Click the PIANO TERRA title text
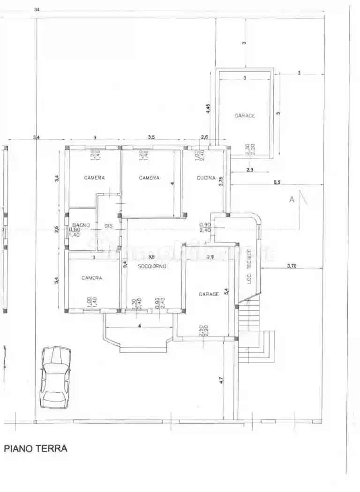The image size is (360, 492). tap(36, 448)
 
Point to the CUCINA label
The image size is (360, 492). tap(206, 178)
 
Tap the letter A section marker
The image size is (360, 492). tap(292, 200)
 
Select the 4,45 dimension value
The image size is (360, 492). tap(209, 108)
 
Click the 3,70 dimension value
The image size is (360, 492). tap(292, 266)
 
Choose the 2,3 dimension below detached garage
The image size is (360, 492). tap(249, 170)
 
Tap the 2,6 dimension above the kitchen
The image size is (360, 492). tap(204, 137)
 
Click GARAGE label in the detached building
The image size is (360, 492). tap(245, 116)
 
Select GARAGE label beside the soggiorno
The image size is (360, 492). tap(209, 294)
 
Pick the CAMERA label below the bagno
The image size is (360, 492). tap(92, 278)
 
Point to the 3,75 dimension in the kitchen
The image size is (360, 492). tap(221, 181)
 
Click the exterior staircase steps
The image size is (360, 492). tap(251, 330)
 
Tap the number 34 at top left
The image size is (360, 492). tap(37, 9)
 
